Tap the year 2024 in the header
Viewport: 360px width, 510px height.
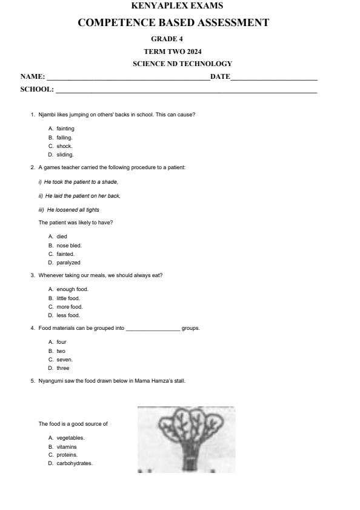[x=192, y=51]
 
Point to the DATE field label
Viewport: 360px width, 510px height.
[x=220, y=76]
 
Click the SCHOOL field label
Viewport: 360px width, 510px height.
[x=37, y=89]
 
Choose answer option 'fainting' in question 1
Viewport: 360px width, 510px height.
[x=65, y=129]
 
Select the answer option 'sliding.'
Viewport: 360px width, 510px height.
[x=65, y=155]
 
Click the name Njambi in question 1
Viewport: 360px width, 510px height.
[x=47, y=115]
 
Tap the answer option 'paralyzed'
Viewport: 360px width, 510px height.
[x=68, y=263]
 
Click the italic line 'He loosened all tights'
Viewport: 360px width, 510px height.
[x=73, y=210]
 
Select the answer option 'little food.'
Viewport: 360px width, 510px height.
[x=68, y=298]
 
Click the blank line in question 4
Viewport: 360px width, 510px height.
[x=152, y=329]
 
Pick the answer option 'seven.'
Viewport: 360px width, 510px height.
[x=64, y=360]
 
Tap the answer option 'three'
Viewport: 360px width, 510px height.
[x=63, y=368]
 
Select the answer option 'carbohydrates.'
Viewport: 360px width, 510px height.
[x=75, y=463]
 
